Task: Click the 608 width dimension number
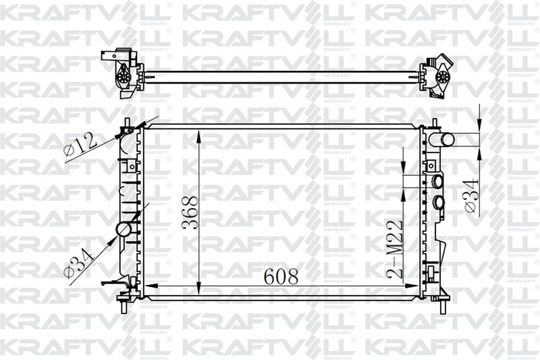[x=281, y=276]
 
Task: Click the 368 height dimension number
[x=190, y=213]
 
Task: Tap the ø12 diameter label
[x=80, y=145]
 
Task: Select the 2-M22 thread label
[x=395, y=249]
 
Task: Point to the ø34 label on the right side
[x=472, y=196]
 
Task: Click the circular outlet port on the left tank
[x=124, y=230]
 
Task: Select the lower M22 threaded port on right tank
[x=438, y=202]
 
